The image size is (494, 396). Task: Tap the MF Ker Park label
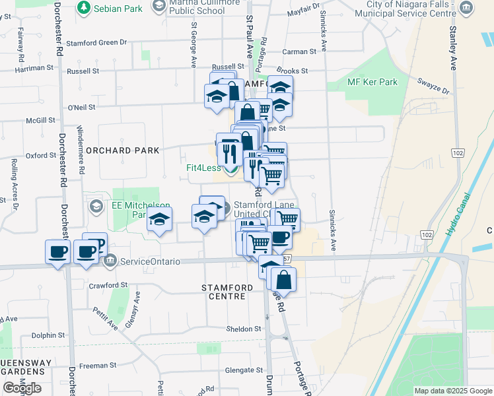pyautogui.click(x=372, y=82)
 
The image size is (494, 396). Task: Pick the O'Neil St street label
pyautogui.click(x=82, y=107)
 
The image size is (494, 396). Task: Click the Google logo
pyautogui.click(x=22, y=388)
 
